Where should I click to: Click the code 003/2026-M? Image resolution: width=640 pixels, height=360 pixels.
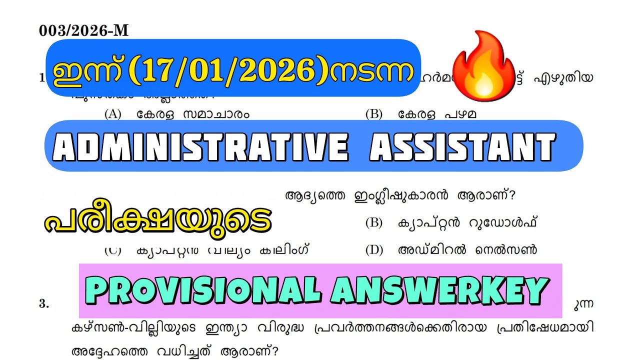83,31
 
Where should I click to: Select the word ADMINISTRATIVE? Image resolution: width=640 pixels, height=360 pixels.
201,147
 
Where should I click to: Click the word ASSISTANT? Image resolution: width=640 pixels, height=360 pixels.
462,147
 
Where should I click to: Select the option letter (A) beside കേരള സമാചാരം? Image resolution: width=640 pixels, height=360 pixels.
113,114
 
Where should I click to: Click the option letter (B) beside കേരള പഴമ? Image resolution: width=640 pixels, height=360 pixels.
373,114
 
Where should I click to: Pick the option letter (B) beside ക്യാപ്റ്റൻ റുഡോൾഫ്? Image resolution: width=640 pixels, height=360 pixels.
373,223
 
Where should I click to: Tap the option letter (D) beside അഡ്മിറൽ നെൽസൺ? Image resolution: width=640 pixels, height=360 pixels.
373,250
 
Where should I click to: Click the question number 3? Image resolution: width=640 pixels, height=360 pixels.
44,304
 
